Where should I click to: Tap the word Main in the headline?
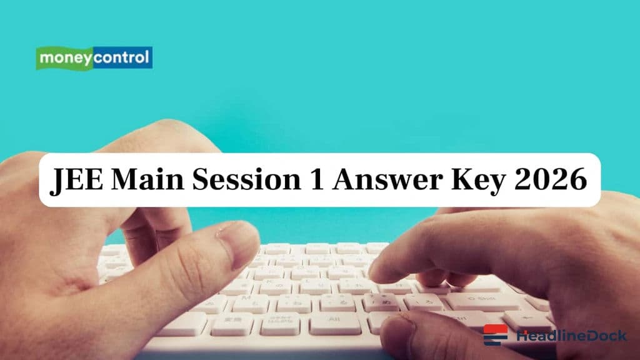coord(151,181)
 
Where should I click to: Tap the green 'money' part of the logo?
coord(65,58)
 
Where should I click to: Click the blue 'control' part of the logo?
coord(121,58)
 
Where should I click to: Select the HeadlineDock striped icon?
coord(496,335)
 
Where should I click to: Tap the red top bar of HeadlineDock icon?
coord(496,328)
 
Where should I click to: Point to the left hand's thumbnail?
coord(238,238)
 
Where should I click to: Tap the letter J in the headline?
coord(57,182)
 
